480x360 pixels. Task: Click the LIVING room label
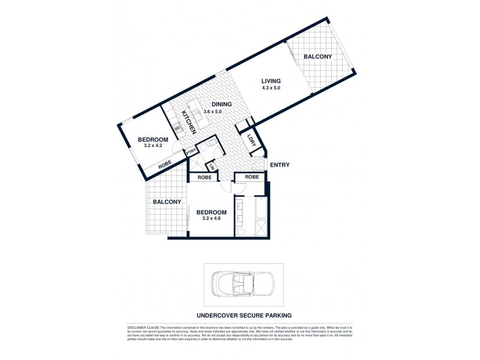point(271,80)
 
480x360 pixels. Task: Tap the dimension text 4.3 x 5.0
point(271,88)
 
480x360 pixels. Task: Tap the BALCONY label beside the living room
point(317,56)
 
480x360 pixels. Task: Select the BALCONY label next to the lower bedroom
point(166,202)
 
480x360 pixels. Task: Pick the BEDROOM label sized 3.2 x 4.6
point(212,212)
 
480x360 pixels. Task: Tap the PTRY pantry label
point(191,152)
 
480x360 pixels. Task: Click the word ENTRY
point(280,165)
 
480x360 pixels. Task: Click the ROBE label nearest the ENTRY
point(251,177)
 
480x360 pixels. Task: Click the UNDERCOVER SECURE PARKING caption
point(243,314)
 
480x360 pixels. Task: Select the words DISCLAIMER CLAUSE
point(144,325)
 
